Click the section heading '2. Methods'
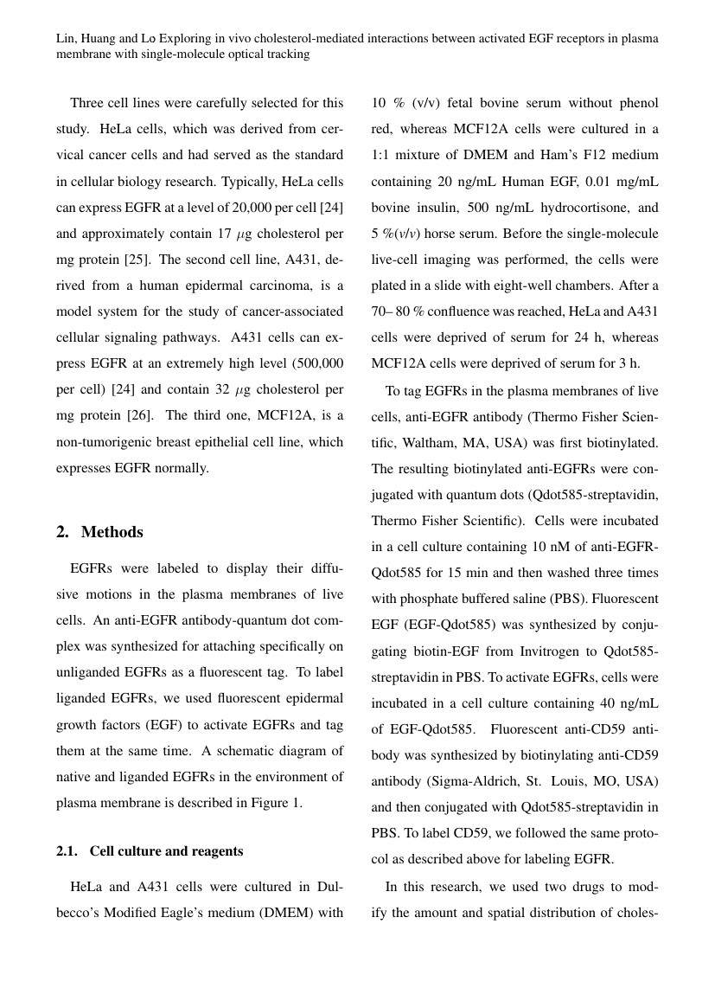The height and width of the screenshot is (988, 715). tap(99, 532)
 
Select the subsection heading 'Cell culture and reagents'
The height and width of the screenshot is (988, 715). tap(166, 851)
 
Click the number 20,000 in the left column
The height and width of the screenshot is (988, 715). tap(253, 208)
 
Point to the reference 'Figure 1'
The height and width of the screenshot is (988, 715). tap(276, 803)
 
